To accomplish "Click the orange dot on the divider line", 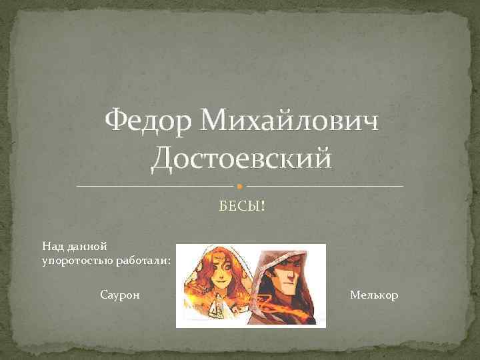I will pos(240,185).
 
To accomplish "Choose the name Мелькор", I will pos(373,294).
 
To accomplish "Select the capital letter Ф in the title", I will pos(117,122).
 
